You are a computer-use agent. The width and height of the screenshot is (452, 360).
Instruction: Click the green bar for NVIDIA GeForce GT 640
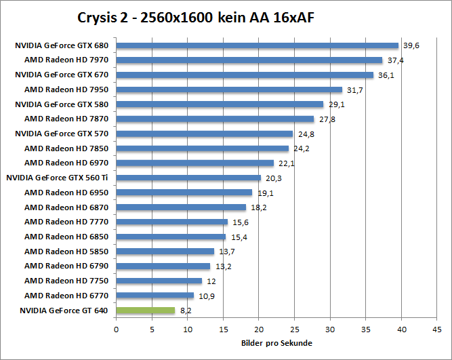pyautogui.click(x=145, y=311)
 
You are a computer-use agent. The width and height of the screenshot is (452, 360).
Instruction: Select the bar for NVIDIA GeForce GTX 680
pyautogui.click(x=257, y=46)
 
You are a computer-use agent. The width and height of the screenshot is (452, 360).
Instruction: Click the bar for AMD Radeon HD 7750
pyautogui.click(x=159, y=281)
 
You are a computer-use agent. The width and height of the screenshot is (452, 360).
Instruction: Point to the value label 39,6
pyautogui.click(x=409, y=46)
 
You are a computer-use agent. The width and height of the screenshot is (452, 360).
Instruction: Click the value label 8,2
pyautogui.click(x=184, y=311)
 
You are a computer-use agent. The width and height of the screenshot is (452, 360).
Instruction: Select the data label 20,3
pyautogui.click(x=271, y=178)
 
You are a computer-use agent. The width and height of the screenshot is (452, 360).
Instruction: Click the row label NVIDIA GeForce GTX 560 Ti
pyautogui.click(x=58, y=178)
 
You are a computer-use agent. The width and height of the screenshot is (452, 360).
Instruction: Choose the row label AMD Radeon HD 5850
pyautogui.click(x=66, y=251)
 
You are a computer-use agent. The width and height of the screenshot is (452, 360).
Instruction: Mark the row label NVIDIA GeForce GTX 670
pyautogui.click(x=62, y=75)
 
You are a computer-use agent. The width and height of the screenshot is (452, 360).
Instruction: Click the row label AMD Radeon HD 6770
pyautogui.click(x=66, y=296)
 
